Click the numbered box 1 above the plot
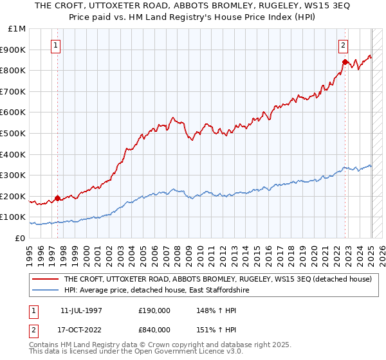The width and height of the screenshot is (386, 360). tap(57, 46)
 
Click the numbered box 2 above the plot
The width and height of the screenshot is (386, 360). tap(343, 46)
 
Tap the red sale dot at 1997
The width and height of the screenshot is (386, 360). tap(57, 198)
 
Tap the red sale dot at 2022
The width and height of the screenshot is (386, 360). tap(345, 62)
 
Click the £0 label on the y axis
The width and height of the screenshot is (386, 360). tap(19, 238)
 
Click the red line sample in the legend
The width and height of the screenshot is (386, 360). tap(46, 280)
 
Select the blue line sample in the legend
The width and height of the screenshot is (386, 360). tap(46, 291)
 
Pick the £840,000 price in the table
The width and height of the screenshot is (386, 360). tap(154, 330)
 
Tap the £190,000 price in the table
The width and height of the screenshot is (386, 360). tap(154, 310)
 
